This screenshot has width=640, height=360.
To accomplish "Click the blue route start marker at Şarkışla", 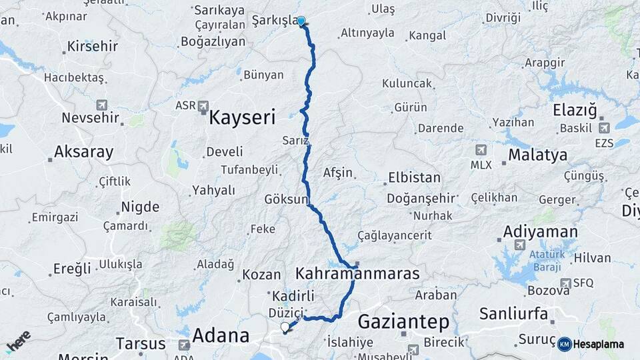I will coord(301,21).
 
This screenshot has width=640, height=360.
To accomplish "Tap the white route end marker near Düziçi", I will coord(285,327).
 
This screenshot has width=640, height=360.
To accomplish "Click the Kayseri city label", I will coord(242,118).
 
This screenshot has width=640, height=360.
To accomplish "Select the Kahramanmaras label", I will coord(357,273).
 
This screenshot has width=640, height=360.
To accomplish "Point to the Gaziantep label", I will coord(403,321).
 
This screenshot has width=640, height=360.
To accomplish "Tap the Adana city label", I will coord(221,335).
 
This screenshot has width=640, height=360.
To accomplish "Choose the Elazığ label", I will coord(575,110).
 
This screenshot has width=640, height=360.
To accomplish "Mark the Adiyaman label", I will coord(540,231).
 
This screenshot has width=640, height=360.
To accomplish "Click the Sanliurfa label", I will coord(513,313).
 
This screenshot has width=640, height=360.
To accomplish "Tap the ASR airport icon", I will coord(203,105).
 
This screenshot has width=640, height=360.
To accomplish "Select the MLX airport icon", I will coord(481,151).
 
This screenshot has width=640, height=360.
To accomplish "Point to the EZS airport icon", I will coord(603,128).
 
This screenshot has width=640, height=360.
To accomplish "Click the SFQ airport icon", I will coord(566,283).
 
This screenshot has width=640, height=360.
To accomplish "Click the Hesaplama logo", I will coord(591,344).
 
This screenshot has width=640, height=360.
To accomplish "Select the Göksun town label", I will coord(287,199).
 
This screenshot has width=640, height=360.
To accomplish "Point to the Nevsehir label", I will coord(90,118).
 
